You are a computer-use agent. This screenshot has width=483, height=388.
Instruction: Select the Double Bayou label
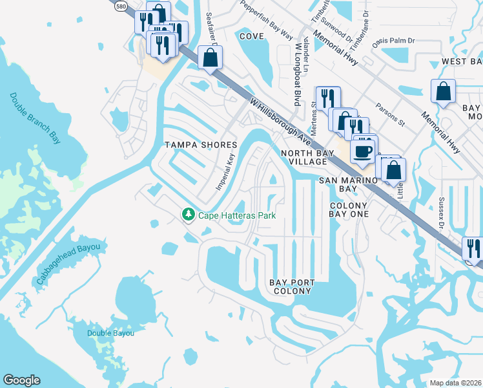111,333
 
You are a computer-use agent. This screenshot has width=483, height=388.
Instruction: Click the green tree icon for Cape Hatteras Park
189,214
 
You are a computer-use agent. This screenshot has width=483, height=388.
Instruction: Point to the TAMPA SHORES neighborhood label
201,144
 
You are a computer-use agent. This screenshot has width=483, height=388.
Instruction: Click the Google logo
21,380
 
